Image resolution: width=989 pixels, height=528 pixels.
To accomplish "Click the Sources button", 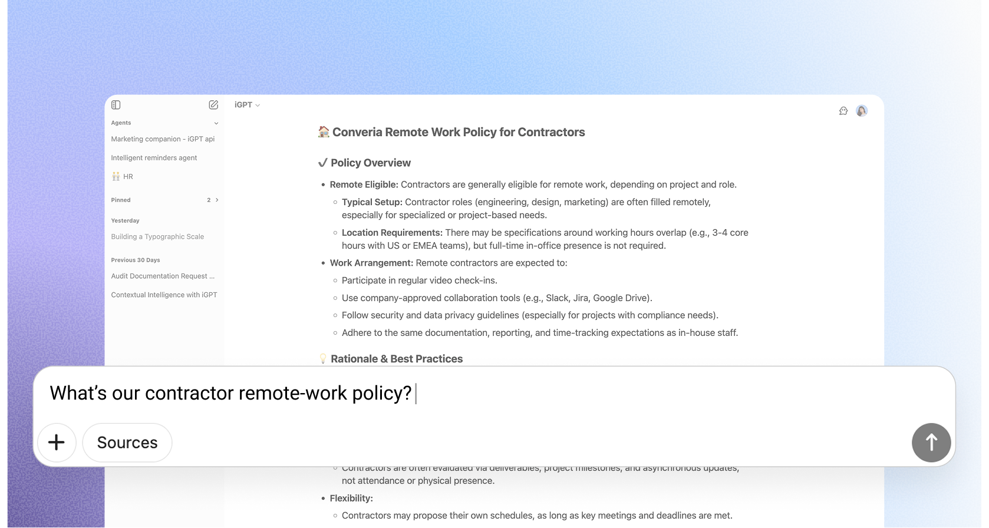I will coord(127,443).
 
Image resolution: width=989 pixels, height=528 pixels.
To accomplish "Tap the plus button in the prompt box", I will coord(57,443).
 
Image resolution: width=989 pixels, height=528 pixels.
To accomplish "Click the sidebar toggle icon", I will coord(116,105).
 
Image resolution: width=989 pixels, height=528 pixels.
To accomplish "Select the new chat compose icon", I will coord(213,105).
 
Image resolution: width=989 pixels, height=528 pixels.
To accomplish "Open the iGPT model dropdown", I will coord(247,105).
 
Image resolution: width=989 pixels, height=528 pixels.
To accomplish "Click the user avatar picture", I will coord(862,111).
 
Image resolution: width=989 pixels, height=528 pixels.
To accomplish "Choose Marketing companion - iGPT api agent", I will coord(163,139).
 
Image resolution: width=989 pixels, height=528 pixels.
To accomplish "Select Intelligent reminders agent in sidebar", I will coord(154,158).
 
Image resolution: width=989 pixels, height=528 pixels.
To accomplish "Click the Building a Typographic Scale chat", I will coord(157,237).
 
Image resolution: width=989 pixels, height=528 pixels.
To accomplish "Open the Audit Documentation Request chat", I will coord(163,276).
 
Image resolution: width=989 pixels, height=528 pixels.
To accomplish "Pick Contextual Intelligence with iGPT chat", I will coord(164,295).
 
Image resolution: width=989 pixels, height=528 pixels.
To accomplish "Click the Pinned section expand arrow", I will coord(217,200).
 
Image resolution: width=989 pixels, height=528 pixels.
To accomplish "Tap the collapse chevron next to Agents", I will coord(216,123).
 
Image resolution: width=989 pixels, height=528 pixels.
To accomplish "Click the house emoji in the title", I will coord(324,132).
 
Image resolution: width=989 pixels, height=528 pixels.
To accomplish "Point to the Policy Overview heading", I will coord(370,163).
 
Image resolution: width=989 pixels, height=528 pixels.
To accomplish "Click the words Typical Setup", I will coord(371,202).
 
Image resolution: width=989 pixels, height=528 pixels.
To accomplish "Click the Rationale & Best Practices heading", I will coord(396,359).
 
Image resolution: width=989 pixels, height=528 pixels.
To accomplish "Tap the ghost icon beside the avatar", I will coord(843,111).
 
